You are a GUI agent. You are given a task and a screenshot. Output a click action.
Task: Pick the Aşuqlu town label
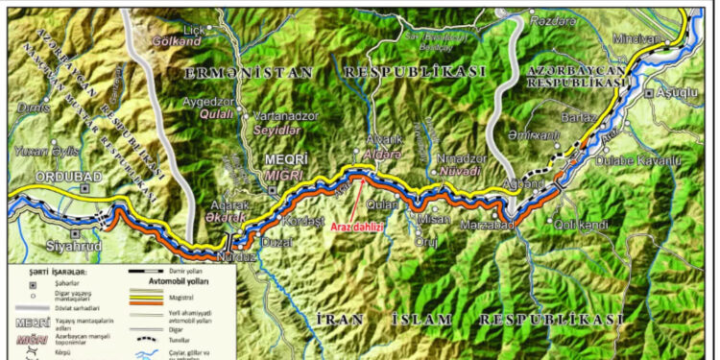click(x=676, y=93)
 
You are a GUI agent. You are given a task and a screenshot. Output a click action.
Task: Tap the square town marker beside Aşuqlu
click(x=650, y=93)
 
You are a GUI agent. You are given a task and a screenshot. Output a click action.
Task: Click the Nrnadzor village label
click(x=449, y=157)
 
